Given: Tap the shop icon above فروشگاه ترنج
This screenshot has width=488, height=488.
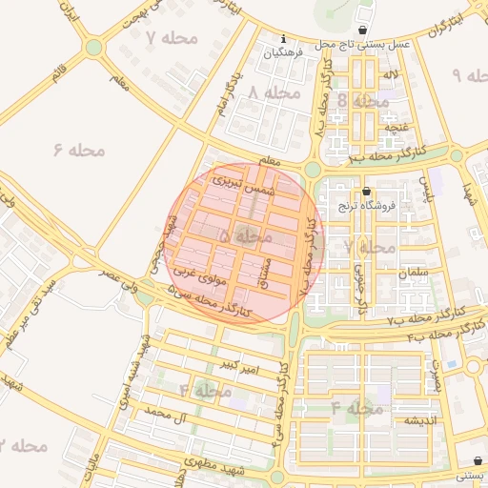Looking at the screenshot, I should (366, 192).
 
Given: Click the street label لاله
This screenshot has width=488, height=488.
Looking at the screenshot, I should (389, 73).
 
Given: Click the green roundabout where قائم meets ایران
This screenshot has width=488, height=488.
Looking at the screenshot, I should (93, 47).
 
